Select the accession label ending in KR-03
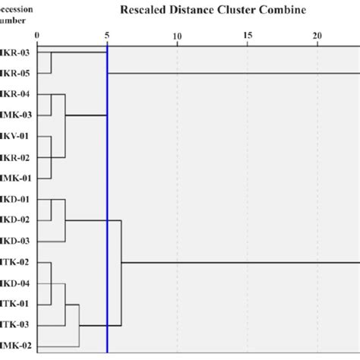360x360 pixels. click(x=13, y=53)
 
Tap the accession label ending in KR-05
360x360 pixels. click(x=13, y=74)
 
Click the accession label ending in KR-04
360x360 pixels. click(x=13, y=95)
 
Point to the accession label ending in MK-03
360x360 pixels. click(x=13, y=115)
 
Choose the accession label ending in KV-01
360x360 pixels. click(x=13, y=137)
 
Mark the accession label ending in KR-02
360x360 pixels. click(x=13, y=157)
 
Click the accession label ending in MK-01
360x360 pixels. click(x=13, y=178)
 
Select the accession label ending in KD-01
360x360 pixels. click(x=13, y=200)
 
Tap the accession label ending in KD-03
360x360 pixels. click(x=13, y=242)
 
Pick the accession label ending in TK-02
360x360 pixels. click(x=13, y=263)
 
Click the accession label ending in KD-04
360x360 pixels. click(x=13, y=283)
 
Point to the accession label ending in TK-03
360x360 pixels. click(x=13, y=326)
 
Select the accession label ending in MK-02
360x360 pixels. click(x=13, y=346)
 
